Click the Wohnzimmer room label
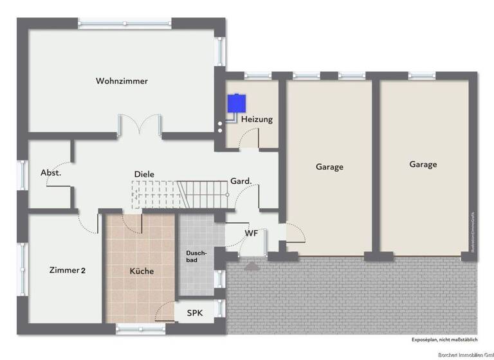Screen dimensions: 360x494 coord(122,82)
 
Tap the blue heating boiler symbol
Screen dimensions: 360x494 coord(235,103)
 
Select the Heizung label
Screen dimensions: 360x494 coord(257,120)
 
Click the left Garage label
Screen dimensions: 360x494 coord(329,167)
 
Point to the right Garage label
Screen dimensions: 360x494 coord(423,165)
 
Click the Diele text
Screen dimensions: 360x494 coord(144,174)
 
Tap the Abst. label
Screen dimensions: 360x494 coord(50,173)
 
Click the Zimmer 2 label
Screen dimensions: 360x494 coord(68,270)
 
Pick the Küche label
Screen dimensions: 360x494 coord(142,271)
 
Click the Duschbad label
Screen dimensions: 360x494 coord(196,256)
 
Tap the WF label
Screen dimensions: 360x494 coord(251,233)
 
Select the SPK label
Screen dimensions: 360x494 coord(194,313)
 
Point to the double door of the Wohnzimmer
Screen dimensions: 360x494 coord(140,125)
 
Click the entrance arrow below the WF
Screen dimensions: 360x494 coord(251,264)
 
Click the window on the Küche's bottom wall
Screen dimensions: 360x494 coord(140,328)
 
